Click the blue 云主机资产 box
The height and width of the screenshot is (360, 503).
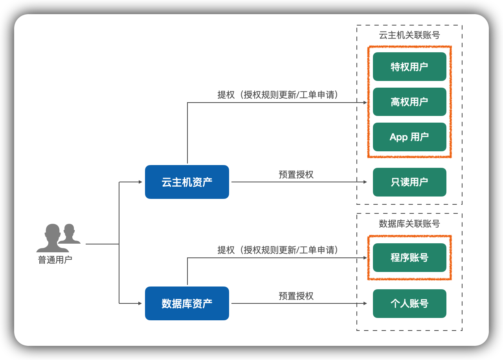click(187, 182)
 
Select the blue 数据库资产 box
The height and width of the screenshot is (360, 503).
click(187, 303)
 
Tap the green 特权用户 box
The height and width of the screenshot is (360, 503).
click(409, 67)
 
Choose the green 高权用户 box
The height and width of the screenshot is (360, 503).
click(409, 102)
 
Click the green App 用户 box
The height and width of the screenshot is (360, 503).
click(409, 137)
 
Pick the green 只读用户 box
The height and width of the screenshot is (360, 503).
click(409, 182)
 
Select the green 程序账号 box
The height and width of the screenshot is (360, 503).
click(409, 258)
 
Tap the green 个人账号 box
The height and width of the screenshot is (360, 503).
click(409, 303)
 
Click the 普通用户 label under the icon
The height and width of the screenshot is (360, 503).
click(55, 260)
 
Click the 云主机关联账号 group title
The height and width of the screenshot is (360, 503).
click(409, 35)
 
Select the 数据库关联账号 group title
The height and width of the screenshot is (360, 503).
click(409, 224)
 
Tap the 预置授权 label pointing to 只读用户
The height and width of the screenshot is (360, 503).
click(296, 174)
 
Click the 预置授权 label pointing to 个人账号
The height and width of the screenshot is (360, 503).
click(296, 296)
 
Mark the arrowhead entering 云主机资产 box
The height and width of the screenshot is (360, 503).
click(140, 182)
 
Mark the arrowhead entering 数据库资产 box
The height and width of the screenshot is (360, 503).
click(140, 303)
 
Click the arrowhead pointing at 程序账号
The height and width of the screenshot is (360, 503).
click(365, 258)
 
